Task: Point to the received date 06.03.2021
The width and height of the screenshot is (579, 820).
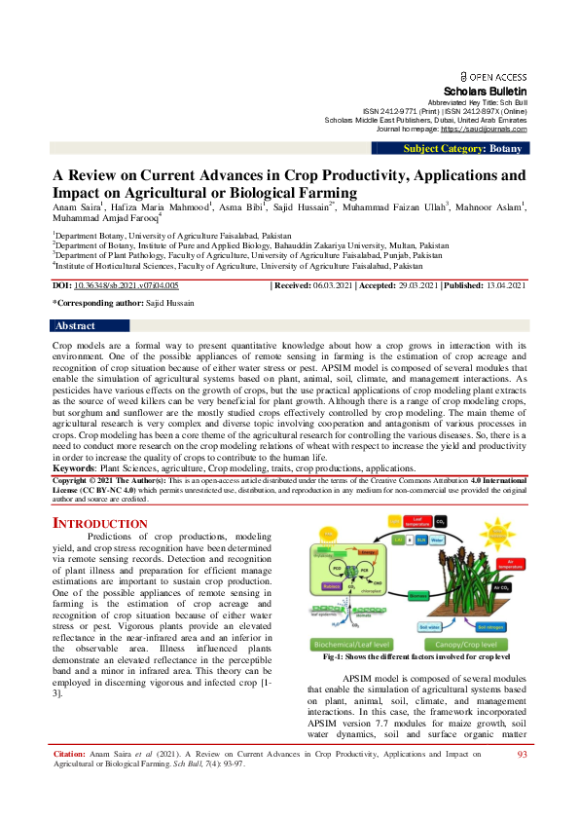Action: (x=334, y=285)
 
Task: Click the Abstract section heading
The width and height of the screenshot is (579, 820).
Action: (x=76, y=325)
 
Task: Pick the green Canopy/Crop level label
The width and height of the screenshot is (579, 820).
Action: (x=471, y=645)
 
